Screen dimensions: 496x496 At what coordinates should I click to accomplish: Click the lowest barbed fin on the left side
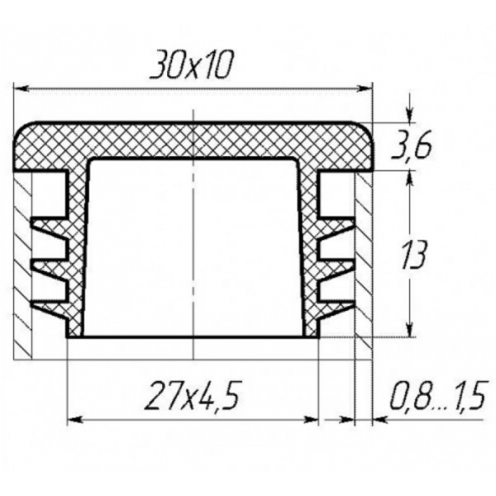coord(48,304)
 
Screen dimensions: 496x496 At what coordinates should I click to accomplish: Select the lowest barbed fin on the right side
coord(336,304)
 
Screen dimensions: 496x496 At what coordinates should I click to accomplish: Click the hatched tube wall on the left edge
coord(23,265)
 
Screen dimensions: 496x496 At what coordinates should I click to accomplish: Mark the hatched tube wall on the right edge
coord(363,265)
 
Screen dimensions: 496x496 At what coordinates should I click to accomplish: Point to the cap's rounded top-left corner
coord(25,132)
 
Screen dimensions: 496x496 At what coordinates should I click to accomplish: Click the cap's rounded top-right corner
coord(364,132)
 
